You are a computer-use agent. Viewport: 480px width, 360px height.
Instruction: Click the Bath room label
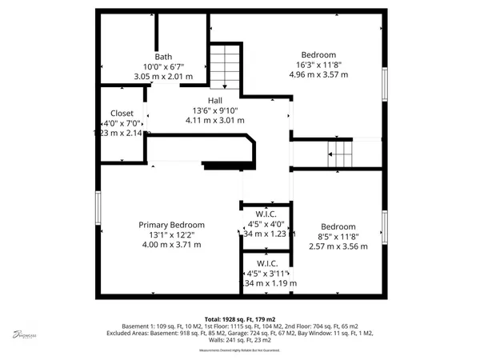pos(163,57)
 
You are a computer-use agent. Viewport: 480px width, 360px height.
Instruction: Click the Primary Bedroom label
pos(172,225)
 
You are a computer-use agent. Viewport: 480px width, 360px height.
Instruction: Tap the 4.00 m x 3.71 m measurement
pos(172,245)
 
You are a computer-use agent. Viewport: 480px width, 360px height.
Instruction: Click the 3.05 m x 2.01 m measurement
pos(163,77)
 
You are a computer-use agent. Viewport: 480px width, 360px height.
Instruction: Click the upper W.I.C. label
pos(266,214)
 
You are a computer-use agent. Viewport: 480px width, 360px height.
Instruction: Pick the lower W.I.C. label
pos(266,264)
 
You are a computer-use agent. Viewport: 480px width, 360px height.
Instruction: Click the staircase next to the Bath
pos(225,68)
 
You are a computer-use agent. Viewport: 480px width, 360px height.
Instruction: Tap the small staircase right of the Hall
pos(339,151)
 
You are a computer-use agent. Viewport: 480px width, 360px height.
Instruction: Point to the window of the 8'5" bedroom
pos(385,232)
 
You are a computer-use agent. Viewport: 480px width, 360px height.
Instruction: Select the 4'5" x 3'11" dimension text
pos(266,274)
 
